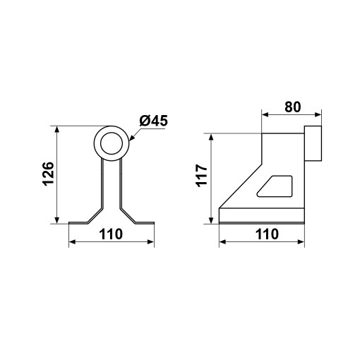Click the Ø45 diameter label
click(153, 121)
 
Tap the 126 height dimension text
click(49, 174)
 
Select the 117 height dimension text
click(202, 176)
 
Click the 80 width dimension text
click(292, 107)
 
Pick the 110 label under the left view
click(111, 234)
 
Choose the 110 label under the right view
click(267, 234)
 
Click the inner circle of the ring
click(112, 143)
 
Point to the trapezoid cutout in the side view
click(275, 186)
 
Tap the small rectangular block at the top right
click(313, 143)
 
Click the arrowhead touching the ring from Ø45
click(132, 138)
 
